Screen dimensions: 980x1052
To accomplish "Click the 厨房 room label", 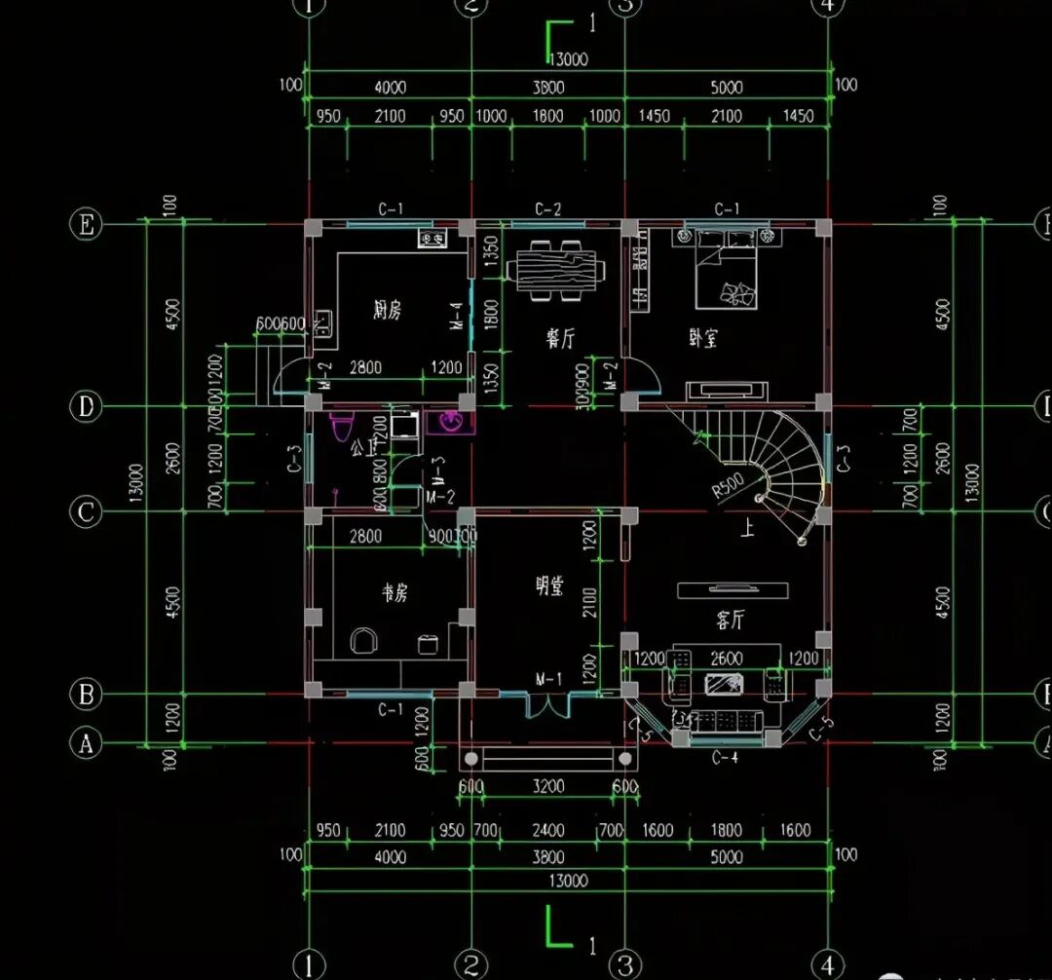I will point(387,311).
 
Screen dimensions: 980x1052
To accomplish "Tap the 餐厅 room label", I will point(559,338).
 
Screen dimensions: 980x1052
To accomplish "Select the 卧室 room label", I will point(703,338).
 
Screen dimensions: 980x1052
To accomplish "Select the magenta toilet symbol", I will point(341,428).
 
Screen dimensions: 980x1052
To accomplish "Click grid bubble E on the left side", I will point(87,225).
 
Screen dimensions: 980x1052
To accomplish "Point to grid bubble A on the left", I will point(87,743).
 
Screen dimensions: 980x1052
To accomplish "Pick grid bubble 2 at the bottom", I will point(470,964).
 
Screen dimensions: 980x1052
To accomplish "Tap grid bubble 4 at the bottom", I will point(828,964).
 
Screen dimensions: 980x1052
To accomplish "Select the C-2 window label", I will point(548,209).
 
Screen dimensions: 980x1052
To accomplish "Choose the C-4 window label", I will point(725,758).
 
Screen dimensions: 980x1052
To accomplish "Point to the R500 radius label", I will point(728,485).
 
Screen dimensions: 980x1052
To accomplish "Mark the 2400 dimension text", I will point(548,831).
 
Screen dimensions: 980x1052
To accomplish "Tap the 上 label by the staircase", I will point(748,530).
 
